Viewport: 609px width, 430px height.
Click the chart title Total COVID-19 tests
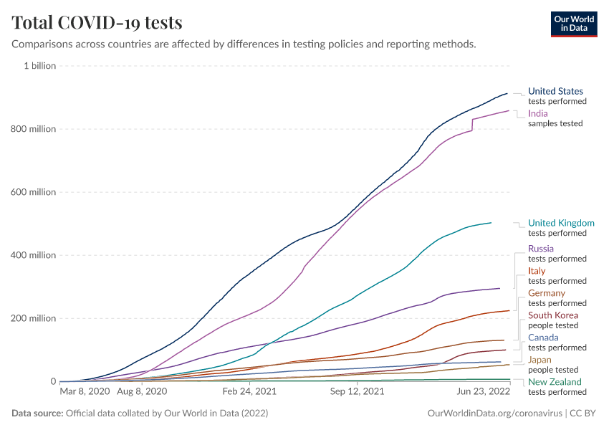pyautogui.click(x=97, y=22)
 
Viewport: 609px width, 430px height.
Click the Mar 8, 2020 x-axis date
pyautogui.click(x=85, y=392)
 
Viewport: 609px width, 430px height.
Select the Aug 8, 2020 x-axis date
pyautogui.click(x=141, y=392)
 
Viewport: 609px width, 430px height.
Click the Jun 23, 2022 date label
pyautogui.click(x=484, y=392)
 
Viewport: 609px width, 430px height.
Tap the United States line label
pyautogui.click(x=555, y=91)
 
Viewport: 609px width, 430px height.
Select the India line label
pyautogui.click(x=538, y=113)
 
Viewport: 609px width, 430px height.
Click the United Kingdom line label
pyautogui.click(x=561, y=223)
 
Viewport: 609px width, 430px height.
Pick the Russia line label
pyautogui.click(x=540, y=249)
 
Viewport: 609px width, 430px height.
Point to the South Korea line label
pyautogui.click(x=552, y=315)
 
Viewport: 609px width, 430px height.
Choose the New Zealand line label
pyautogui.click(x=555, y=382)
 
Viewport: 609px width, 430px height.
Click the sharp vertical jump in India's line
pyautogui.click(x=472, y=124)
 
